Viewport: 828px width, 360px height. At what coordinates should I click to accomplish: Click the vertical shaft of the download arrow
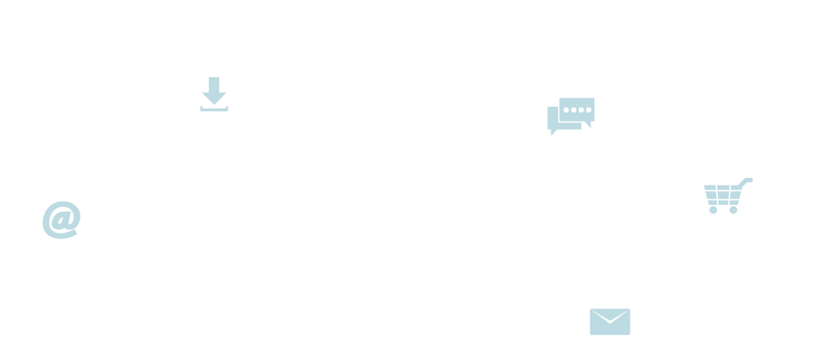(214, 84)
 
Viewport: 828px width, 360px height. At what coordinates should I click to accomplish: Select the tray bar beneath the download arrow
(214, 109)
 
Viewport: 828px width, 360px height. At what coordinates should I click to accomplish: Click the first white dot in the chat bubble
(567, 109)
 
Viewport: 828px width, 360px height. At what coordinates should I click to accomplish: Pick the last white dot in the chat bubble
(588, 109)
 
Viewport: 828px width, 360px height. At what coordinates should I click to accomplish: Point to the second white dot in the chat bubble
(574, 109)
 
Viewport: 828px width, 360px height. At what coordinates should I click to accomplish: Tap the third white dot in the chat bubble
(581, 109)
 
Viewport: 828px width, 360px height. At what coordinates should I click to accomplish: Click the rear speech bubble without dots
(553, 118)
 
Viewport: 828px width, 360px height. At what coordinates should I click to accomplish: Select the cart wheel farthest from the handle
(713, 210)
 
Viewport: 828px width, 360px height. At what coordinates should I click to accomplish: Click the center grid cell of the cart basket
(722, 195)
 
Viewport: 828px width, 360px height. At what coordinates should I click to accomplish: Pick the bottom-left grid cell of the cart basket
(713, 202)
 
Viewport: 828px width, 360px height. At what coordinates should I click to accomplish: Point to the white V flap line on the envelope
(610, 320)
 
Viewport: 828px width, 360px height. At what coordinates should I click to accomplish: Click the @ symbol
(61, 219)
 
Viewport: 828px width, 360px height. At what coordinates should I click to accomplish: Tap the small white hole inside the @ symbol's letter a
(60, 220)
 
